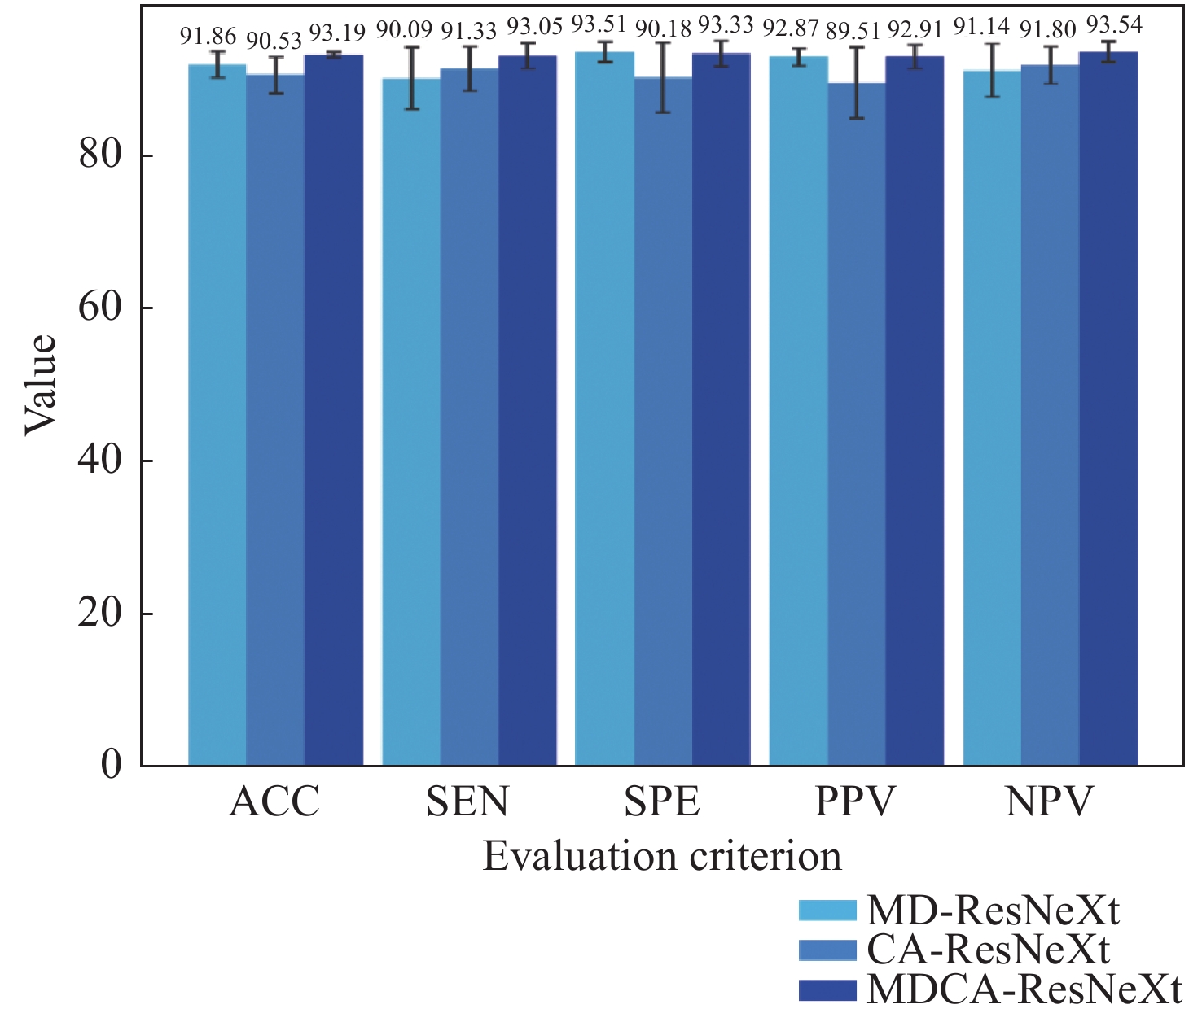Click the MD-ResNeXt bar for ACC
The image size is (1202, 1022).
(217, 415)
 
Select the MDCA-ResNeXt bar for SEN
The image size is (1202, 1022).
(527, 411)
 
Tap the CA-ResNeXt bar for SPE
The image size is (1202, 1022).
(663, 421)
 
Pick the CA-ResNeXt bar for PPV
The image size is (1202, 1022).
(857, 424)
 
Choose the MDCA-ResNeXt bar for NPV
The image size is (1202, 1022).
(1108, 408)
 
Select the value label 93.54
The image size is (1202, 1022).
(1115, 25)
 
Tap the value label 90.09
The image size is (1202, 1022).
(404, 31)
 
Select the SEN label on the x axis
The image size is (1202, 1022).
(467, 802)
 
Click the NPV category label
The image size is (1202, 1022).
(1049, 802)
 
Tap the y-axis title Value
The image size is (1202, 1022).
(41, 384)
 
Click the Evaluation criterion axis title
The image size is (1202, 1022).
(662, 857)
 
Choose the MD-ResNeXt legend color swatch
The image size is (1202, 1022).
(827, 911)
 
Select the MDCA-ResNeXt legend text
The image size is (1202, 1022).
(1024, 989)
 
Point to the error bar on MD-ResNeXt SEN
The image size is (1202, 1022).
(412, 78)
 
